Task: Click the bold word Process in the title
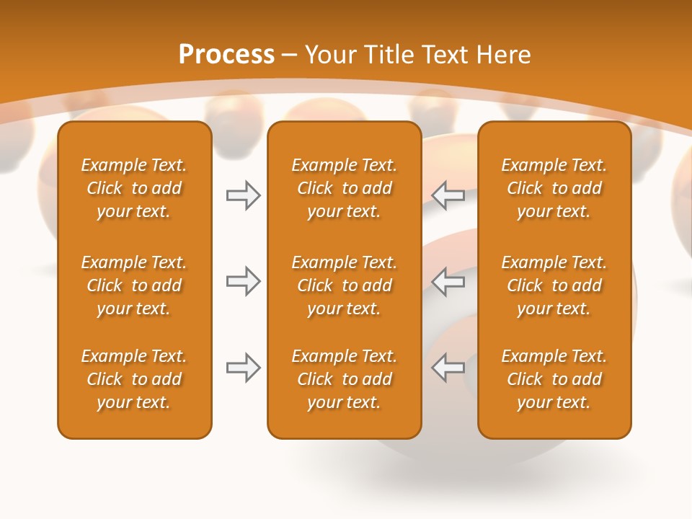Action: tap(226, 55)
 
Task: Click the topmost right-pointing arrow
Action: tap(243, 195)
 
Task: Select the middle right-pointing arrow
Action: tap(243, 281)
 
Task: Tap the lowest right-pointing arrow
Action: tap(243, 368)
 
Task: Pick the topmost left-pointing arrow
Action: tap(448, 195)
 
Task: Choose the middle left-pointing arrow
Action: tap(448, 281)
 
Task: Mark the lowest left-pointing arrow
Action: tap(448, 368)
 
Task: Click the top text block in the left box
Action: tap(134, 188)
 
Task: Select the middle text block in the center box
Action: tap(344, 285)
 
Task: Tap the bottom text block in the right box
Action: tap(554, 379)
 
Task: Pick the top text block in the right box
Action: tap(554, 188)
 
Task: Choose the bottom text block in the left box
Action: tap(134, 379)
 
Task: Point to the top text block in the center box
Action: tap(344, 188)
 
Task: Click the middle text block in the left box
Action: tap(134, 285)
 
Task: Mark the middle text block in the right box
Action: tap(554, 285)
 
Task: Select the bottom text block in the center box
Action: tap(344, 379)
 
